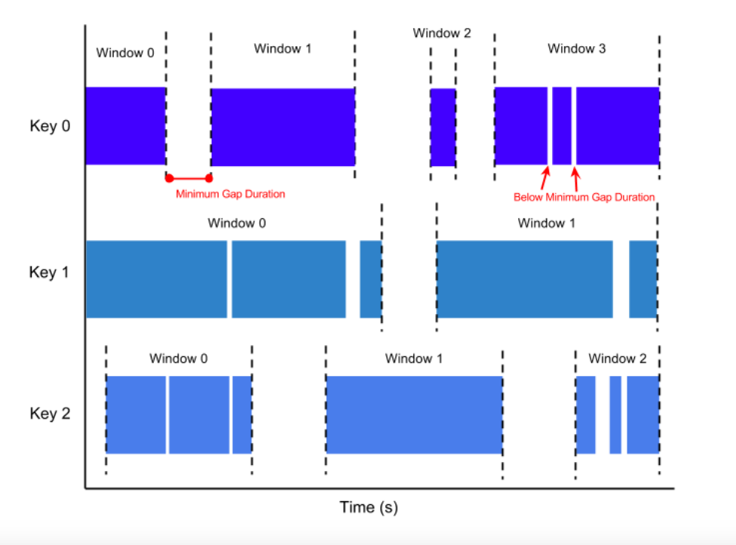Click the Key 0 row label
[50, 126]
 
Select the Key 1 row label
[50, 272]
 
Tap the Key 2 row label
[50, 413]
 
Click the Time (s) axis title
[369, 507]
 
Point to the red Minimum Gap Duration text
[231, 194]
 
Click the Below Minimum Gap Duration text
[584, 197]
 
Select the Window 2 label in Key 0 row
[442, 33]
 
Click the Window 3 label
[576, 48]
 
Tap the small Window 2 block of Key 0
[443, 127]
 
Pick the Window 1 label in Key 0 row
[282, 48]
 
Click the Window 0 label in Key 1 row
[237, 223]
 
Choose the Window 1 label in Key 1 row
[546, 223]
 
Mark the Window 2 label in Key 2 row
[617, 359]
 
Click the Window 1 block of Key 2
[414, 414]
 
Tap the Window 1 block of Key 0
[283, 127]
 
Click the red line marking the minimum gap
[189, 178]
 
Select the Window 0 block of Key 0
[125, 126]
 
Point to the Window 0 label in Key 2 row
[178, 359]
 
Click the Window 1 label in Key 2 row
[413, 359]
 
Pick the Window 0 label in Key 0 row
[125, 53]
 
